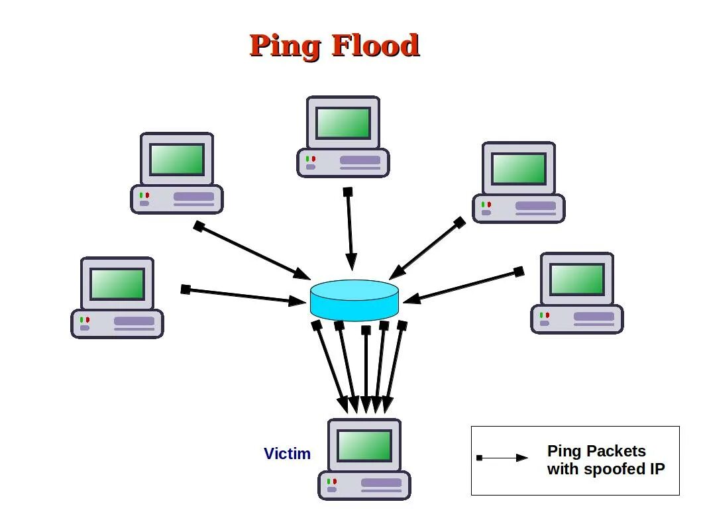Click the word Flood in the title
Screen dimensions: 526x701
coord(375,45)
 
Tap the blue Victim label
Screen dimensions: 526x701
coord(287,454)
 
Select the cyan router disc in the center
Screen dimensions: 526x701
coord(354,299)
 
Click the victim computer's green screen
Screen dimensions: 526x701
coord(364,445)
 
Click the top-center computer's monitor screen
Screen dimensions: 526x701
coord(343,123)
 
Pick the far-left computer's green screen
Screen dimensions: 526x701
coord(117,284)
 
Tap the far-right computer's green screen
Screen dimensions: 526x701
coord(577,279)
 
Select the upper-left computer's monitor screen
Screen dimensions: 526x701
coord(177,159)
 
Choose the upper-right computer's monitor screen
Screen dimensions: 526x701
coord(519,168)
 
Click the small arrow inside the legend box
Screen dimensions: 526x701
coord(503,458)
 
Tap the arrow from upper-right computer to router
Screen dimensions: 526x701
coord(427,249)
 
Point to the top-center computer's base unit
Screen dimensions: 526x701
coord(343,162)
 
